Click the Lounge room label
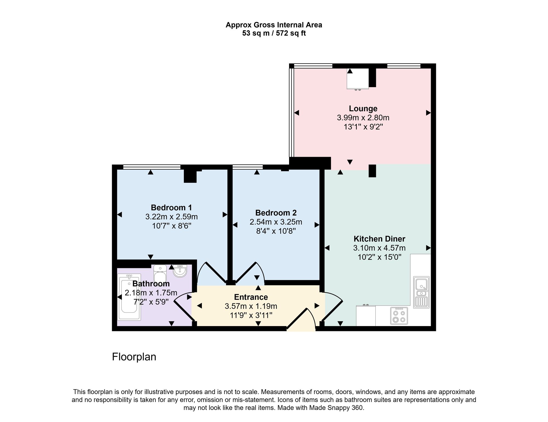(x=363, y=109)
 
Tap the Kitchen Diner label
(x=379, y=239)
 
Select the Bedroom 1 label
(x=171, y=207)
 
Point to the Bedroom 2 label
(x=276, y=213)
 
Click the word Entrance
(x=251, y=297)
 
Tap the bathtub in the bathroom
(x=129, y=297)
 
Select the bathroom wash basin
(x=180, y=271)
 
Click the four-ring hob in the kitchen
(x=399, y=316)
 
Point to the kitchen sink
(x=421, y=292)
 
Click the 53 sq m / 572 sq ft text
(x=274, y=33)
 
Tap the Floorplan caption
(x=134, y=357)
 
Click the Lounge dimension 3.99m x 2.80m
(x=363, y=118)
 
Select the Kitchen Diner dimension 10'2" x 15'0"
(x=379, y=257)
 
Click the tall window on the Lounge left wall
(x=292, y=112)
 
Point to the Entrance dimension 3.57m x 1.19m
(x=251, y=306)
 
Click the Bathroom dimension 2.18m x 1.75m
(x=151, y=293)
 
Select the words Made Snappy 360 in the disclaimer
(x=336, y=407)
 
